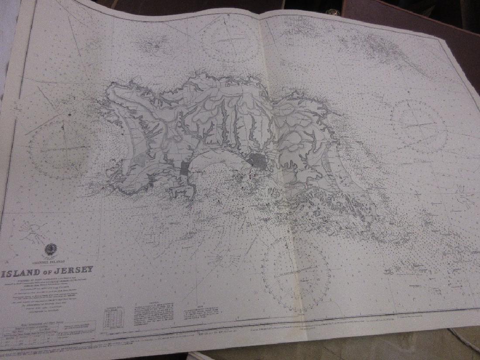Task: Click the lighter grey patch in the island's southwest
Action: (x=140, y=160)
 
